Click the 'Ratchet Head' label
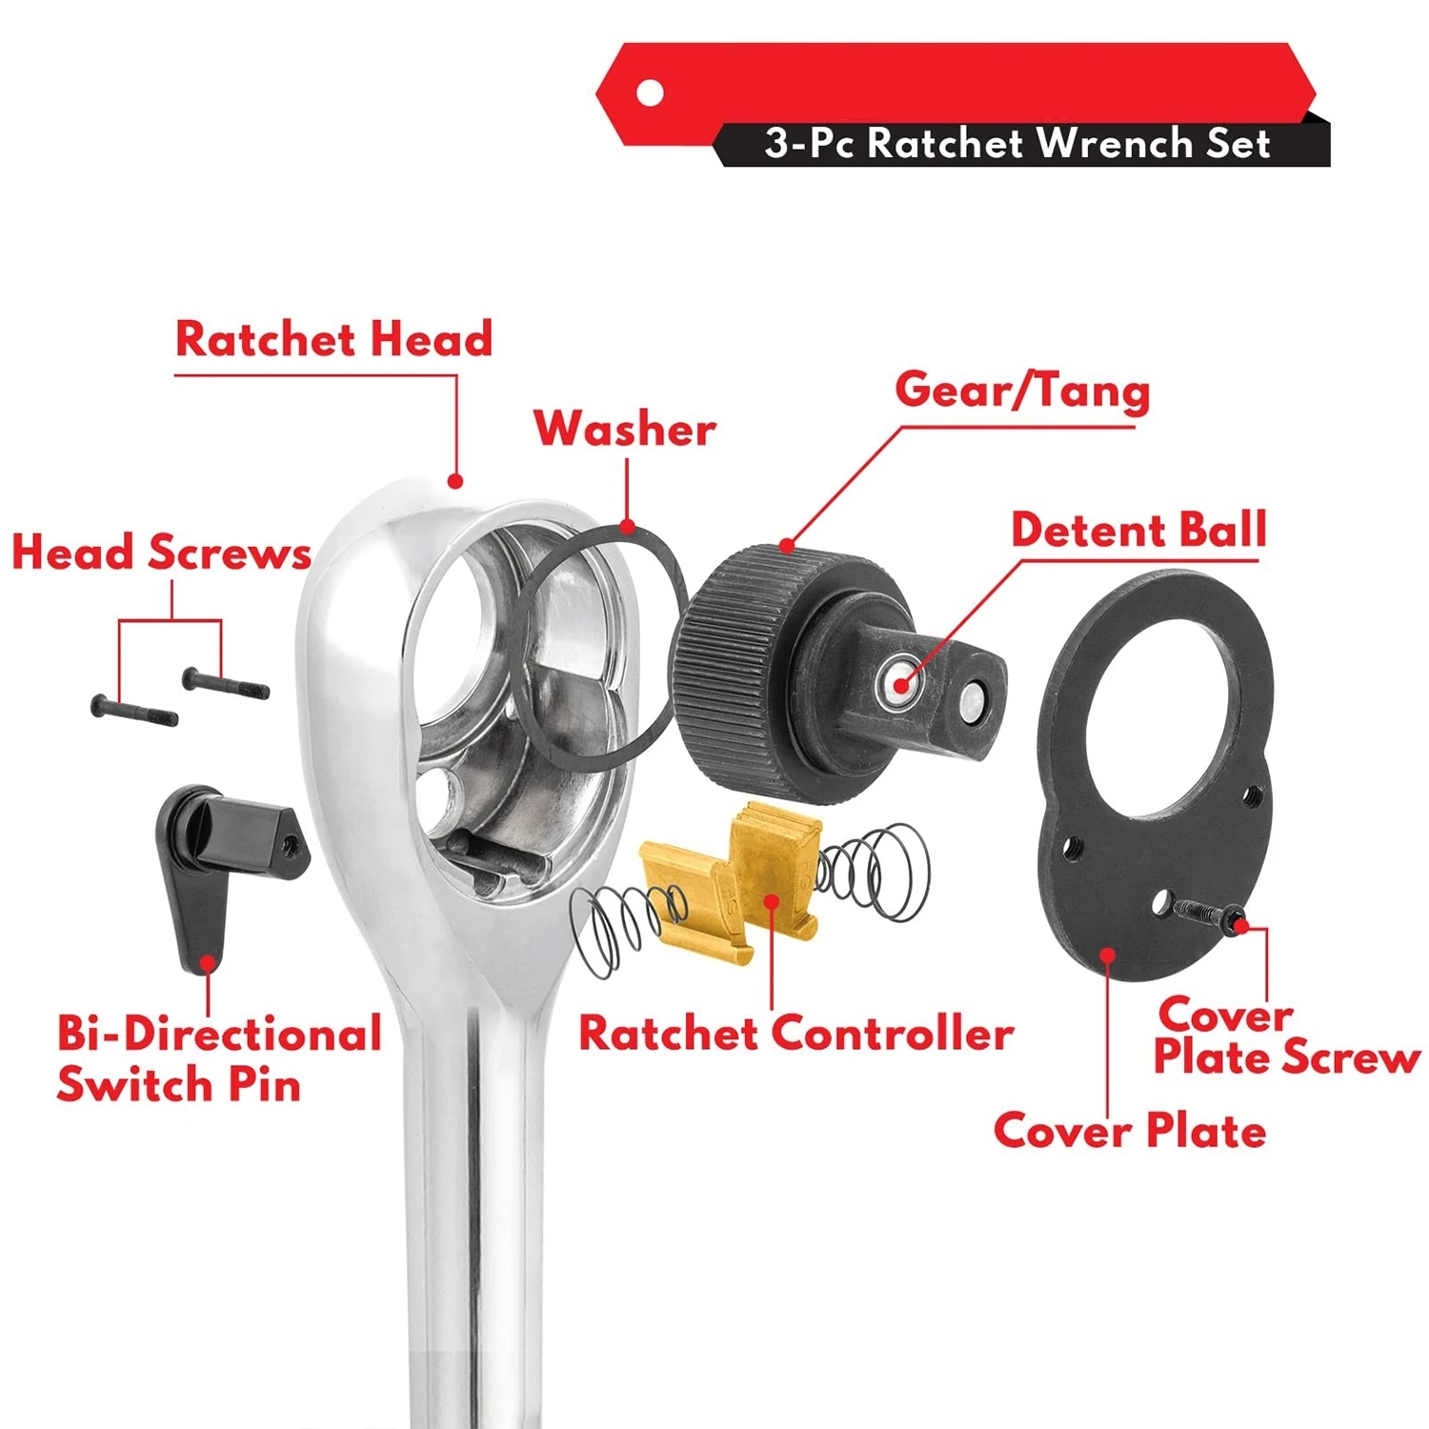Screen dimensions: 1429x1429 [x=334, y=339]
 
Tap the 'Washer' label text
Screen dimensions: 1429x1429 [x=625, y=428]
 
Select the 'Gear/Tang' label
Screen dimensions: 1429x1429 [x=1022, y=391]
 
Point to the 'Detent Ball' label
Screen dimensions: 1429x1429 [x=1138, y=530]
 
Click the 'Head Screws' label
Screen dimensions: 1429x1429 [x=162, y=553]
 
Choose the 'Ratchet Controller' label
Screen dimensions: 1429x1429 [x=796, y=1034]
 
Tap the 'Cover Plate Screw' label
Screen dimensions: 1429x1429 [x=1286, y=1037]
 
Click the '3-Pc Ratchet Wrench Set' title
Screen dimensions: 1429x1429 [x=1017, y=144]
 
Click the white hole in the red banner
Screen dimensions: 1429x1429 [x=650, y=93]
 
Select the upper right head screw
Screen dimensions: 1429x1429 [x=226, y=683]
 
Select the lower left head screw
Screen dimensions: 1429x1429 [x=134, y=711]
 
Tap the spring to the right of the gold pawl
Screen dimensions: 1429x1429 [x=873, y=871]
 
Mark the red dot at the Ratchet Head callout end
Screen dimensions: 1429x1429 [x=455, y=482]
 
